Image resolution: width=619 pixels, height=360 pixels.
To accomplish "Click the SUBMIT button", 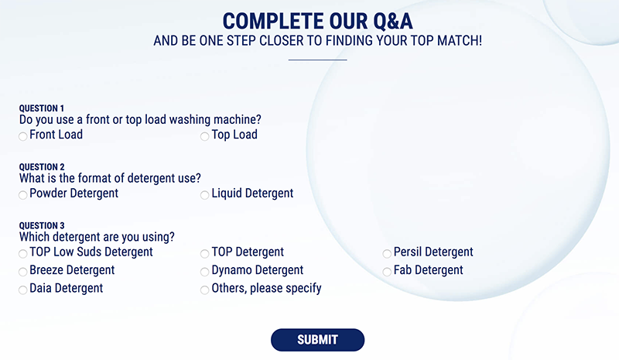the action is click(317, 340).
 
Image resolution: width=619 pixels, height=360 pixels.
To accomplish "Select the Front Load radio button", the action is click(23, 136).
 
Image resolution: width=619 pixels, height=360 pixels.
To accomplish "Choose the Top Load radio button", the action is click(204, 136).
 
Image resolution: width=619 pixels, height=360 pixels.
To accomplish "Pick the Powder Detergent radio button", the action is click(23, 195).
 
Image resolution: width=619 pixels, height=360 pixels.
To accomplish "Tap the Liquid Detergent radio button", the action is click(204, 195).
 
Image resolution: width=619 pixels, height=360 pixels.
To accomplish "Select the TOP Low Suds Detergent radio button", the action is click(23, 253).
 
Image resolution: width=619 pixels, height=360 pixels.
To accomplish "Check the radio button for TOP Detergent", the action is click(204, 253).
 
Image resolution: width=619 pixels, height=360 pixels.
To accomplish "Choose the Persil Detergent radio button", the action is click(387, 253).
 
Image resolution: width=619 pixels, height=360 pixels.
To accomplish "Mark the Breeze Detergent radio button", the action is click(23, 272).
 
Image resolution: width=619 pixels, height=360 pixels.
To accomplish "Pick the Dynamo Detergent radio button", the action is click(204, 272).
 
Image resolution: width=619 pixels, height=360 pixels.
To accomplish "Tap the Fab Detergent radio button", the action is click(387, 272).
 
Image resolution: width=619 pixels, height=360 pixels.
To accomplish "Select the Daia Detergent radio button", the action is click(23, 290).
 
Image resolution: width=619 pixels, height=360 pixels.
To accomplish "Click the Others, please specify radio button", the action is click(204, 290).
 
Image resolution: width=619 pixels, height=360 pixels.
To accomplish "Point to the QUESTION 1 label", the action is click(42, 108).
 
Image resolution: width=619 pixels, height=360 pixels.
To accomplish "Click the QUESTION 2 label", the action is click(42, 166).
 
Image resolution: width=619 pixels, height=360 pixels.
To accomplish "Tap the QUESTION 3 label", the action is click(42, 225).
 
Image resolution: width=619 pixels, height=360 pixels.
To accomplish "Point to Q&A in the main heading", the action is click(393, 22).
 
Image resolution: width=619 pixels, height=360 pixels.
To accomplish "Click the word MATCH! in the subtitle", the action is click(459, 40).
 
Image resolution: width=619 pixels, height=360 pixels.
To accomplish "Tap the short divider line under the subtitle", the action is click(317, 60).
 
